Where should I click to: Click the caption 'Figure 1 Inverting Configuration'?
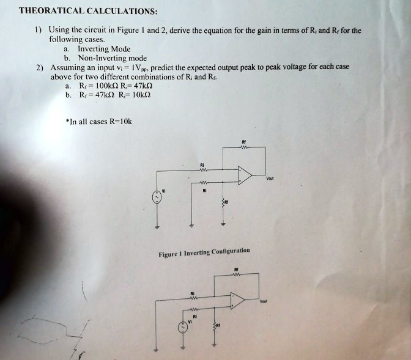[x=204, y=253]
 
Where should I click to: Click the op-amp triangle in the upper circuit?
[x=245, y=177]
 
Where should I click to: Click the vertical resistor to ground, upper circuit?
[x=223, y=202]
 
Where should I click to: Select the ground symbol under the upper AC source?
[x=157, y=228]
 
